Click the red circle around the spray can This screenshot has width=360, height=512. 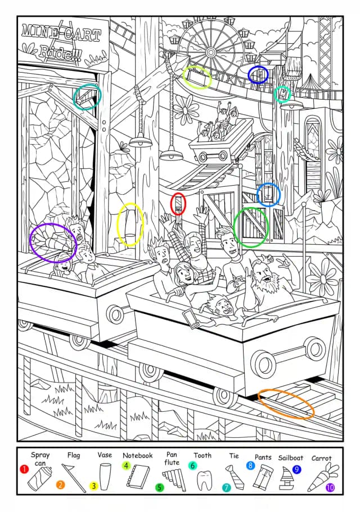[178, 204]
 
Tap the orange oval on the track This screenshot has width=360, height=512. [286, 404]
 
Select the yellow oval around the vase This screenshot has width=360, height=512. [130, 224]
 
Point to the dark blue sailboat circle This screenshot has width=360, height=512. [258, 75]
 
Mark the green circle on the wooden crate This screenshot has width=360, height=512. [251, 227]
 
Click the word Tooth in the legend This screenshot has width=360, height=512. [202, 455]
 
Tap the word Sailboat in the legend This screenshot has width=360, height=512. [290, 458]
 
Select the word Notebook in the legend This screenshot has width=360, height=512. [137, 455]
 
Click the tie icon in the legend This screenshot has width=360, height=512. [235, 477]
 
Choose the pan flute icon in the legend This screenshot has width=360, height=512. [174, 479]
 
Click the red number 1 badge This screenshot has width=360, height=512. [24, 469]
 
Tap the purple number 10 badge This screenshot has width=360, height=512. [330, 487]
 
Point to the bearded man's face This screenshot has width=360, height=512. [264, 275]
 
